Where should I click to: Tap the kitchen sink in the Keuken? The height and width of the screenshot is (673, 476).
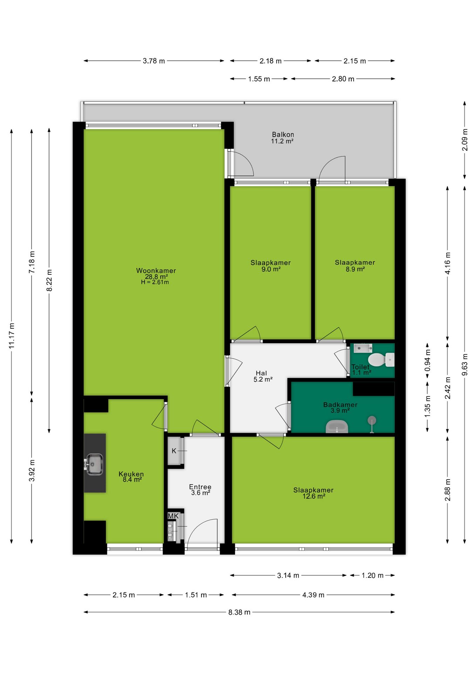click(94, 464)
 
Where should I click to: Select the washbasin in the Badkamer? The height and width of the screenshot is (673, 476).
click(337, 427)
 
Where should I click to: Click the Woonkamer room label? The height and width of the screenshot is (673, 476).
click(156, 271)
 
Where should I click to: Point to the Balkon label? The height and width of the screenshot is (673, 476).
click(283, 135)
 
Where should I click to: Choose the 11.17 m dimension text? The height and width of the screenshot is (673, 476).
click(12, 336)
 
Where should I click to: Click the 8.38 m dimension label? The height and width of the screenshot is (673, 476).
click(239, 612)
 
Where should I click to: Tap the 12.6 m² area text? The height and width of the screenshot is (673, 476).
click(314, 496)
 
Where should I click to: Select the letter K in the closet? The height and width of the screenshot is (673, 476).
click(174, 451)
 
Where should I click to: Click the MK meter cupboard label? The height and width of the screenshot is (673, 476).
click(173, 516)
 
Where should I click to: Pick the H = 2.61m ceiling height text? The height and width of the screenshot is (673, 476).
click(155, 282)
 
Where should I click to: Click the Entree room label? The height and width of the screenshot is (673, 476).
click(200, 487)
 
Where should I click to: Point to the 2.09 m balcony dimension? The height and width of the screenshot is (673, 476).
click(465, 140)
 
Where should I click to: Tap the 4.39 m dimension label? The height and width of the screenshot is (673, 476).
click(313, 595)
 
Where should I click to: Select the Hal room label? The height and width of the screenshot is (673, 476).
click(261, 373)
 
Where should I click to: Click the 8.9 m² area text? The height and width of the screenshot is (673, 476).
click(355, 269)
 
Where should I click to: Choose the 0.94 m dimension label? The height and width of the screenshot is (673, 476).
click(428, 361)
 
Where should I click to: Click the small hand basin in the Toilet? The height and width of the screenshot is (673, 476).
click(363, 348)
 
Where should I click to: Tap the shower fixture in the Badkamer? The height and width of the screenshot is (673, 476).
click(372, 424)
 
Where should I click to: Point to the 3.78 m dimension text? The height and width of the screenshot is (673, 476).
click(154, 61)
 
